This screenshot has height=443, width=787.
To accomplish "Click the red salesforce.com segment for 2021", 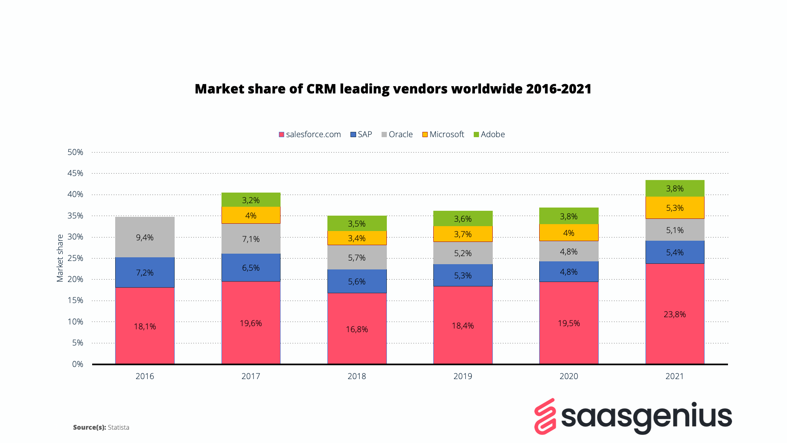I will (x=675, y=332).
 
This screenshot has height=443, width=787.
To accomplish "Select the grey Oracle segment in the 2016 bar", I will (x=145, y=247).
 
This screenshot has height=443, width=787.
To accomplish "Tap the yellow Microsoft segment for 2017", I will (x=251, y=215).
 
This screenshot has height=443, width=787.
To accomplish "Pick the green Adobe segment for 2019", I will (x=463, y=218).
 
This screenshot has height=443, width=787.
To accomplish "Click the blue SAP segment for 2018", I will (x=357, y=281).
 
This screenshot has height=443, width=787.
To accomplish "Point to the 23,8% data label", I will (x=675, y=314).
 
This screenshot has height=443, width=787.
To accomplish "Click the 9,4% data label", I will (x=145, y=237).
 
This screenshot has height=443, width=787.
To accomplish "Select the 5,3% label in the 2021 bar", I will (x=675, y=208).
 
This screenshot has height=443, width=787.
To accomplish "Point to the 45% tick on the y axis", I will (x=75, y=173).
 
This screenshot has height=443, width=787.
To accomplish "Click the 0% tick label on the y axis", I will (x=78, y=364).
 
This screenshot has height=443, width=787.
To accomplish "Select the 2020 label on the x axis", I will (x=569, y=376).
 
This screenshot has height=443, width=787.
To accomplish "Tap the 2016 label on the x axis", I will (x=145, y=376).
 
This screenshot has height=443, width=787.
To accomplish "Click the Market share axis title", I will (x=60, y=258).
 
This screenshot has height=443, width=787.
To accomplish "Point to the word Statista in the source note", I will (x=118, y=427).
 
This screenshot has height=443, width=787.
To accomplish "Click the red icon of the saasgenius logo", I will (x=545, y=417).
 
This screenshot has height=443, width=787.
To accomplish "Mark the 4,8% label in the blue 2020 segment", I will (x=569, y=272).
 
